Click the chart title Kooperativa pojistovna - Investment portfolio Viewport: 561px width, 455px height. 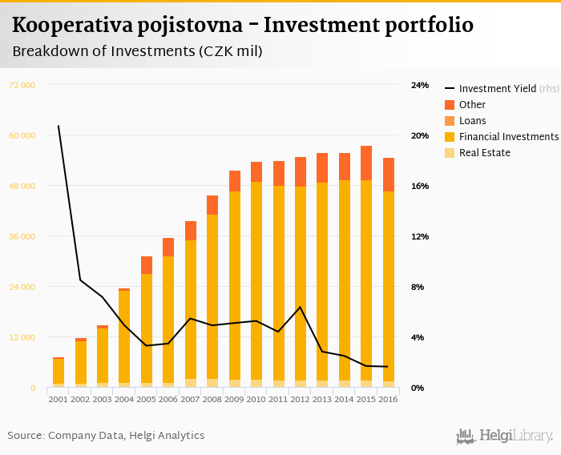242,26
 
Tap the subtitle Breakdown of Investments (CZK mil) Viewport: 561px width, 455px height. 137,51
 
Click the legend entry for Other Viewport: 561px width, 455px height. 472,105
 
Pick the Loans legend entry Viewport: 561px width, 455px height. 472,121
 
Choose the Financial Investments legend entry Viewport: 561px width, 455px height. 508,137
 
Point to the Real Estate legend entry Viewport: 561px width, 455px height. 484,153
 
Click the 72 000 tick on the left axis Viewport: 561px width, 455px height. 22,85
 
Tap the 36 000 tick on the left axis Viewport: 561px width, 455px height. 22,236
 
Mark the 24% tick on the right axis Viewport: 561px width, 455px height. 420,85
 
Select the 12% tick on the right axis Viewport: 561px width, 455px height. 420,236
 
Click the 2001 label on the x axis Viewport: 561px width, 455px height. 59,398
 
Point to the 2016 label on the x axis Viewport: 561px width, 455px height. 388,398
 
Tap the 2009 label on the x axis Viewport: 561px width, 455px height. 234,398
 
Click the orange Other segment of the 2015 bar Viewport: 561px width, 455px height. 365,163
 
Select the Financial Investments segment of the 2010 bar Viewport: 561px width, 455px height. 256,280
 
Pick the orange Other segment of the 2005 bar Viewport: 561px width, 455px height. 147,265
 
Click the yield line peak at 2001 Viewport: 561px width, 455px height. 59,126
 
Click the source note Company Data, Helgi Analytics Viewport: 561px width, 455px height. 106,436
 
